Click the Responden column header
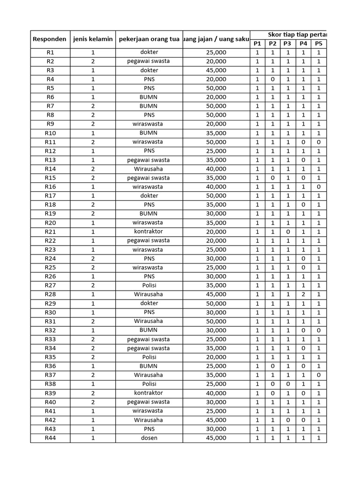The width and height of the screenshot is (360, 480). tap(49, 39)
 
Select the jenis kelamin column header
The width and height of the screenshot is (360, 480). tap(93, 39)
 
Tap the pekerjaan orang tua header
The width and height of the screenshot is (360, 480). tap(149, 39)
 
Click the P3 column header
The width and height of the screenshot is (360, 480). tap(287, 44)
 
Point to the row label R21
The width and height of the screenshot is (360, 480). tap(50, 232)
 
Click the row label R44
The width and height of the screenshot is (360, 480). tap(50, 438)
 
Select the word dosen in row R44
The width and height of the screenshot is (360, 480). tap(149, 438)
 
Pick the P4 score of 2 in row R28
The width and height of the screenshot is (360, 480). tap(303, 294)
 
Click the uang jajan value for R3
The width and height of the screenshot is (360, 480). tap(216, 70)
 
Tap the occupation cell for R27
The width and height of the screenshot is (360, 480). tap(149, 285)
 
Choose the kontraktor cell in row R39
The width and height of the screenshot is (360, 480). tap(149, 393)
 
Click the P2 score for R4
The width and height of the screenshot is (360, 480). tap(272, 79)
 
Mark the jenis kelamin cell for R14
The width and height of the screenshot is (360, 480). tap(93, 169)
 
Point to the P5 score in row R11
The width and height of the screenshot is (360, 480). tap(319, 142)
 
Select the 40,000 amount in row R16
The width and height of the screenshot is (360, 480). tap(216, 187)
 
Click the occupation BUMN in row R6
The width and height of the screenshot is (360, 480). tap(149, 97)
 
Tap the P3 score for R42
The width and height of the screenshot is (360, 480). tap(287, 420)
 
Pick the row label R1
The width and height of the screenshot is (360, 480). tap(50, 52)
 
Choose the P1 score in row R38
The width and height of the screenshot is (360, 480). tap(257, 384)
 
